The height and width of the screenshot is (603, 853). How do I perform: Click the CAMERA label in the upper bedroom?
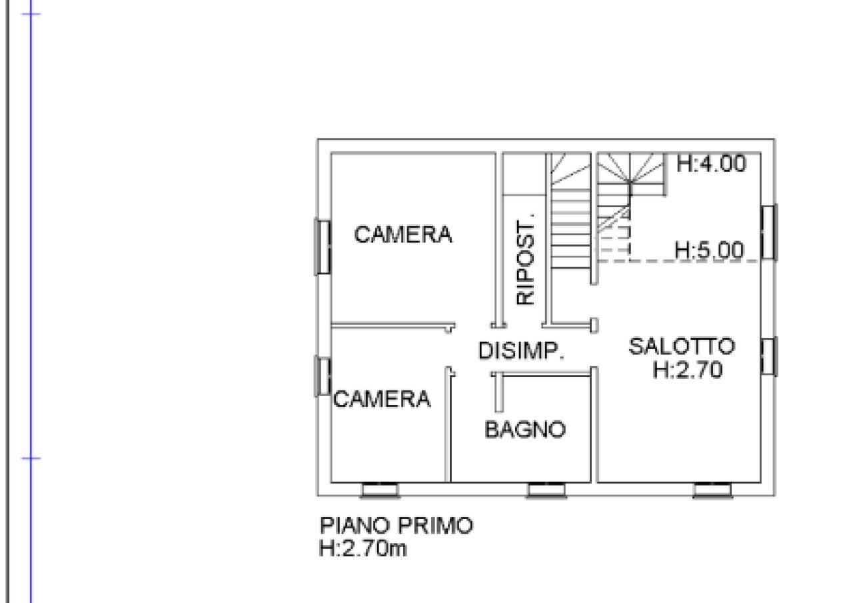coord(403,235)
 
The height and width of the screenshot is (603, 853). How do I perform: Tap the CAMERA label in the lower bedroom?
coord(382,399)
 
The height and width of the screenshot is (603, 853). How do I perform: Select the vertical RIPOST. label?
coord(526,259)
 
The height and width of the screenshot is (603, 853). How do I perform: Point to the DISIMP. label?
coord(521,350)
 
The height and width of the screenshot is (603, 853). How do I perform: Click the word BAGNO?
coord(525,430)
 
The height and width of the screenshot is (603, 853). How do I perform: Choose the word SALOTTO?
coord(682,346)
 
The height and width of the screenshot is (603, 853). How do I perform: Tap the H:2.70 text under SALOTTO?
coord(687,370)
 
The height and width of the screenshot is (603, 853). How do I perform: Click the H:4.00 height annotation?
coord(711,164)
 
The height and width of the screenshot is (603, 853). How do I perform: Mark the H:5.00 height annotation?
coord(708,251)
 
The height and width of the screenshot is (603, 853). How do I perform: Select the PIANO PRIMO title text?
coord(397,525)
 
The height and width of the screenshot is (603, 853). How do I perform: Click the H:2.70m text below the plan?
coord(363,549)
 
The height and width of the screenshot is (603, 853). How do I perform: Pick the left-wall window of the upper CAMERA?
coord(323,247)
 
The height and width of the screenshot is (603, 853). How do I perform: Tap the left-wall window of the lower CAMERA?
coord(323,376)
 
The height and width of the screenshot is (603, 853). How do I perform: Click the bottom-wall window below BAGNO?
coord(547,491)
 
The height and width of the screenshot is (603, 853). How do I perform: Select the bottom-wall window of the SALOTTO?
coord(712,491)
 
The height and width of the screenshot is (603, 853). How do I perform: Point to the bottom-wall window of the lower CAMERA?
coord(381,491)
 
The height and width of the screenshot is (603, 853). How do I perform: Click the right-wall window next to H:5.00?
coord(768,232)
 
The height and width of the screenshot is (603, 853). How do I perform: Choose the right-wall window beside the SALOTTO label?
coord(768,356)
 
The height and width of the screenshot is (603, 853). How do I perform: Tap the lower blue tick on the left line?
coord(31,458)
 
